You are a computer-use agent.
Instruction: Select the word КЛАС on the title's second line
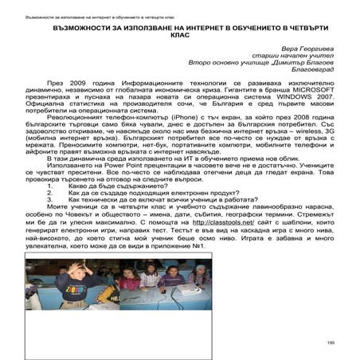(x=179, y=35)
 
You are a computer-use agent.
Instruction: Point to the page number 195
(x=330, y=342)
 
